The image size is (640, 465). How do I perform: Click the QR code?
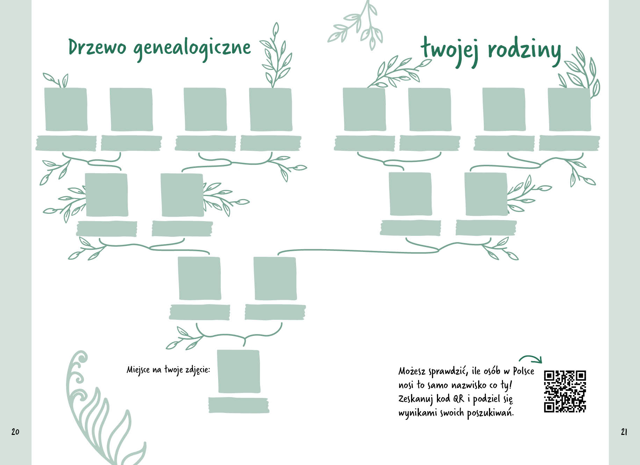click(565, 391)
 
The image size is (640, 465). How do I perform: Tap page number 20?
click(15, 431)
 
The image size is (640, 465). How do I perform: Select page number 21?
click(624, 432)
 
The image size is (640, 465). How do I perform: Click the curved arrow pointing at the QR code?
click(531, 359)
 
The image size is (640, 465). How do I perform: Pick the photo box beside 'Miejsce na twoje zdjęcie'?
click(239, 371)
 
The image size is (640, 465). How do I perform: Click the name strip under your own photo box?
click(239, 405)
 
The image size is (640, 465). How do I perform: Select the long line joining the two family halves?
click(357, 251)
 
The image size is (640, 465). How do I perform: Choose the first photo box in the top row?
click(66, 109)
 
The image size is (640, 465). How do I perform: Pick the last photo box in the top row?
click(569, 109)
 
